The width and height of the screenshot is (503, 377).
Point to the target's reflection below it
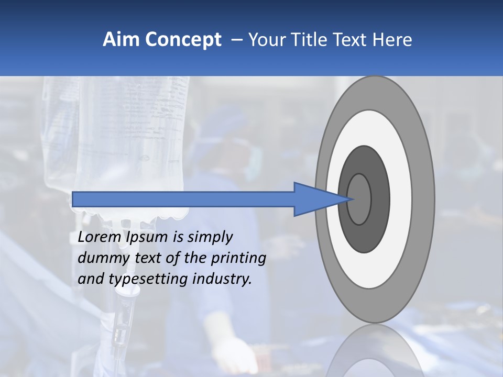(x=375, y=351)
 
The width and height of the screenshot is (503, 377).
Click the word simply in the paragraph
(x=210, y=237)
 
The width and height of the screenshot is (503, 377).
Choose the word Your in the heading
(x=267, y=40)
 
